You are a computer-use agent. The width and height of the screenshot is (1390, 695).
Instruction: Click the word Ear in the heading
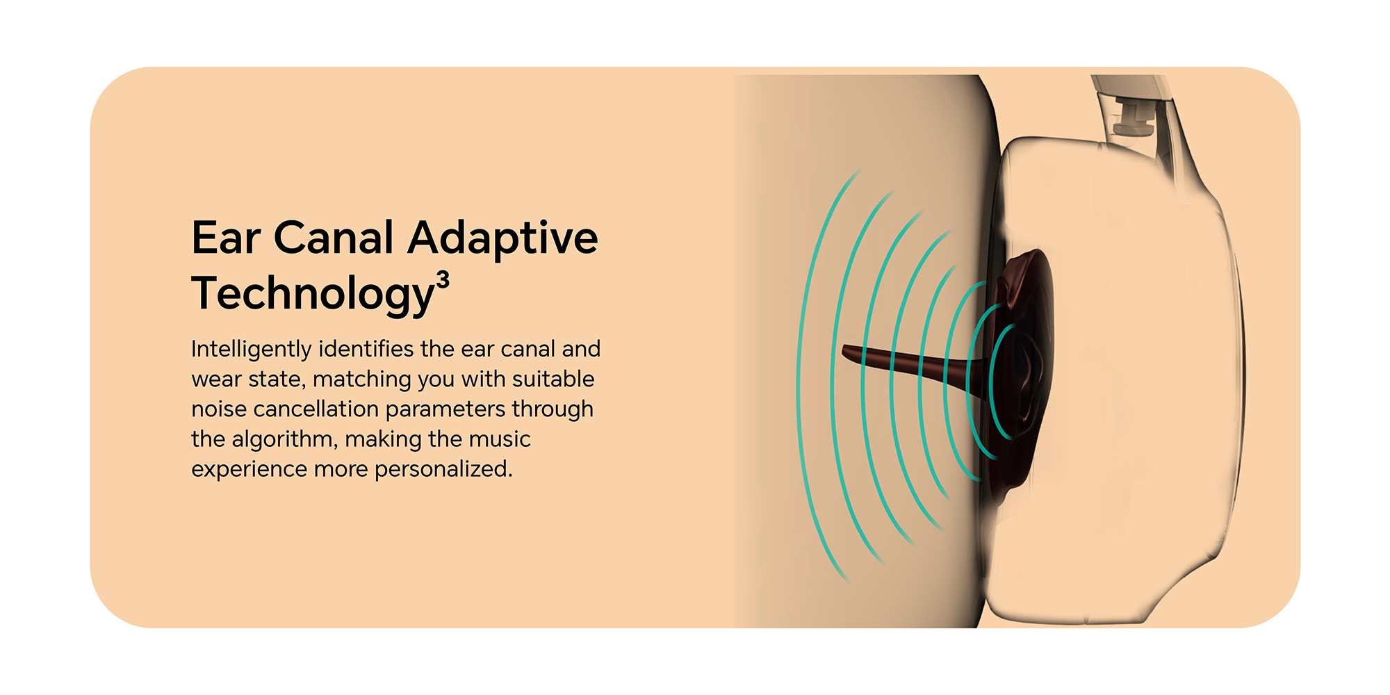(x=226, y=238)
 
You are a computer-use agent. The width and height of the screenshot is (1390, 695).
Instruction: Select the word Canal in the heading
(x=334, y=238)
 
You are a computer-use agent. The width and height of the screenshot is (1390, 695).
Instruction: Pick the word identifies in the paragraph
(x=366, y=348)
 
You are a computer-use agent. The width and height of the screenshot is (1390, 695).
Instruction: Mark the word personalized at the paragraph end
(x=443, y=470)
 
